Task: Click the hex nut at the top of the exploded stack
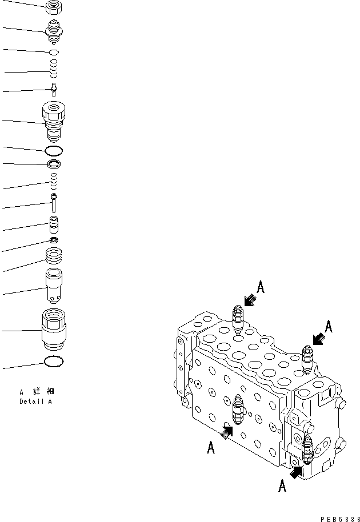(x=53, y=7)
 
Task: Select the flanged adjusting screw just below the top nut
(x=53, y=30)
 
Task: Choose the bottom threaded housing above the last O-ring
(x=54, y=330)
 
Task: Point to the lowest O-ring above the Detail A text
(x=53, y=362)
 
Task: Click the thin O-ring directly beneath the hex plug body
(x=54, y=151)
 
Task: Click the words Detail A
(x=35, y=401)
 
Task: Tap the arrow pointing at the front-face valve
(x=226, y=432)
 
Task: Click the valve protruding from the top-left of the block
(x=239, y=319)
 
